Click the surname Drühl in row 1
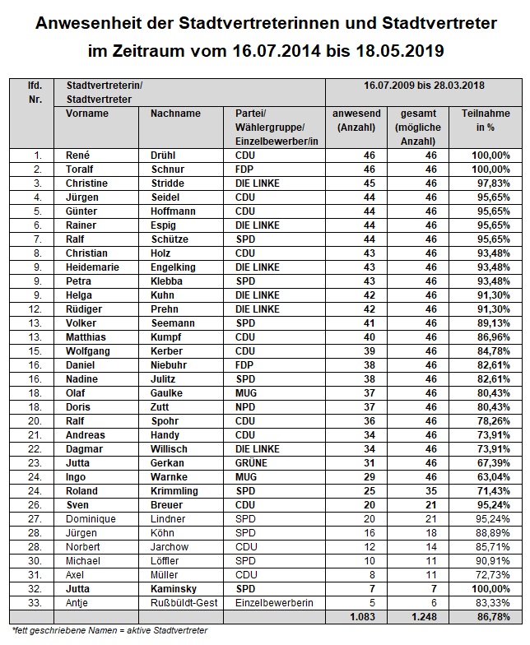point(165,154)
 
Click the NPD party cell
point(246,406)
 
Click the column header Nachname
point(175,113)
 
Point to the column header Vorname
point(86,113)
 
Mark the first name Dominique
point(91,518)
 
